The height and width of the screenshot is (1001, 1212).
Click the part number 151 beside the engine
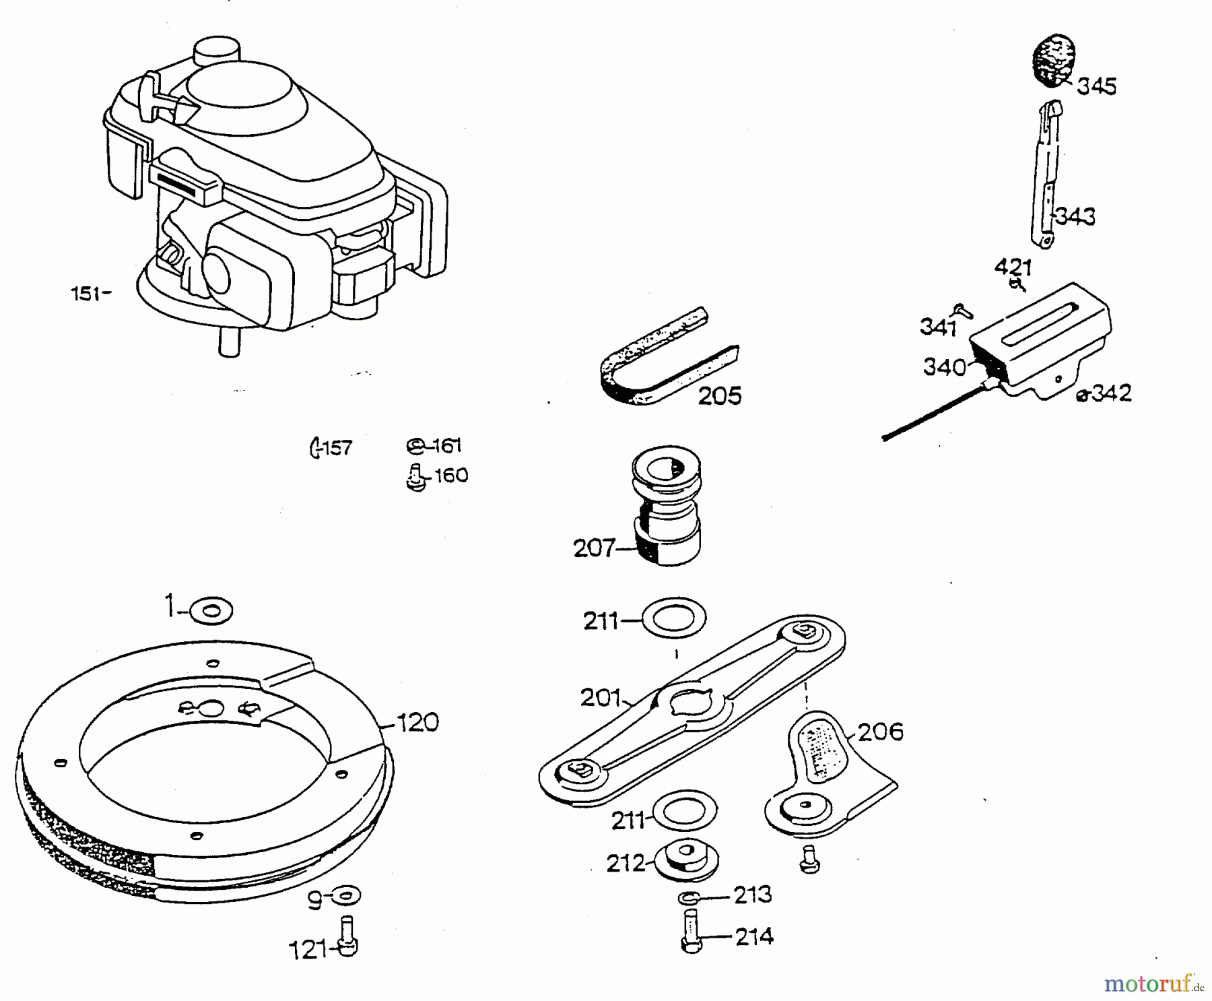(x=86, y=294)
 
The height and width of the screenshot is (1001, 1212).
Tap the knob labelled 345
(x=1054, y=61)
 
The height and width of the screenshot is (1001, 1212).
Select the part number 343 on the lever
(x=1075, y=217)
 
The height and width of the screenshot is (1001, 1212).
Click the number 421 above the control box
(x=1013, y=268)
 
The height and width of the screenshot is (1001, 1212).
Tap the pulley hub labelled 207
(x=667, y=505)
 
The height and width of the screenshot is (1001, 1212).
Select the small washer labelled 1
(x=211, y=612)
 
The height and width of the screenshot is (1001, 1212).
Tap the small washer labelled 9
(x=346, y=895)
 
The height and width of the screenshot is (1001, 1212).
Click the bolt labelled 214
(x=691, y=931)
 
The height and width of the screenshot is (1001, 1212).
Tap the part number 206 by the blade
(x=880, y=732)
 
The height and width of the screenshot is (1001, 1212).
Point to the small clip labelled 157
(x=314, y=447)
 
